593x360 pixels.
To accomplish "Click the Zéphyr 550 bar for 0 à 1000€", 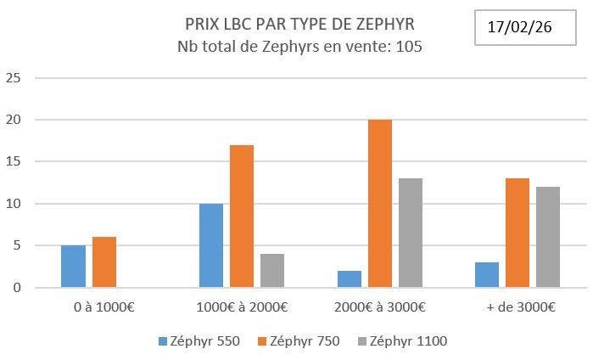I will [73, 267].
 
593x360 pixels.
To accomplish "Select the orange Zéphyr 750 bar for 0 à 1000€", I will [103, 262].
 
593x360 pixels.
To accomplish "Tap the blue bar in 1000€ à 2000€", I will [211, 245].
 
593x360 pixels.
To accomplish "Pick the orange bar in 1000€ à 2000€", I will [242, 217].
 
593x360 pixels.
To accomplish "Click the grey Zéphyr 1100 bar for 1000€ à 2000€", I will [272, 271].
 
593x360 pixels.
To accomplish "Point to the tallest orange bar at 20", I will [380, 204].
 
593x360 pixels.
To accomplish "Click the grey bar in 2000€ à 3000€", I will [411, 233].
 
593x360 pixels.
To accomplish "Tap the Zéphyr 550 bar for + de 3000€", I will [487, 275].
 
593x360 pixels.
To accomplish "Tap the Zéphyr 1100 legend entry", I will [402, 341].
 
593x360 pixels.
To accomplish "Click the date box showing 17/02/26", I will [521, 27].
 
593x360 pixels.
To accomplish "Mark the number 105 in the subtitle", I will [406, 46].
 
